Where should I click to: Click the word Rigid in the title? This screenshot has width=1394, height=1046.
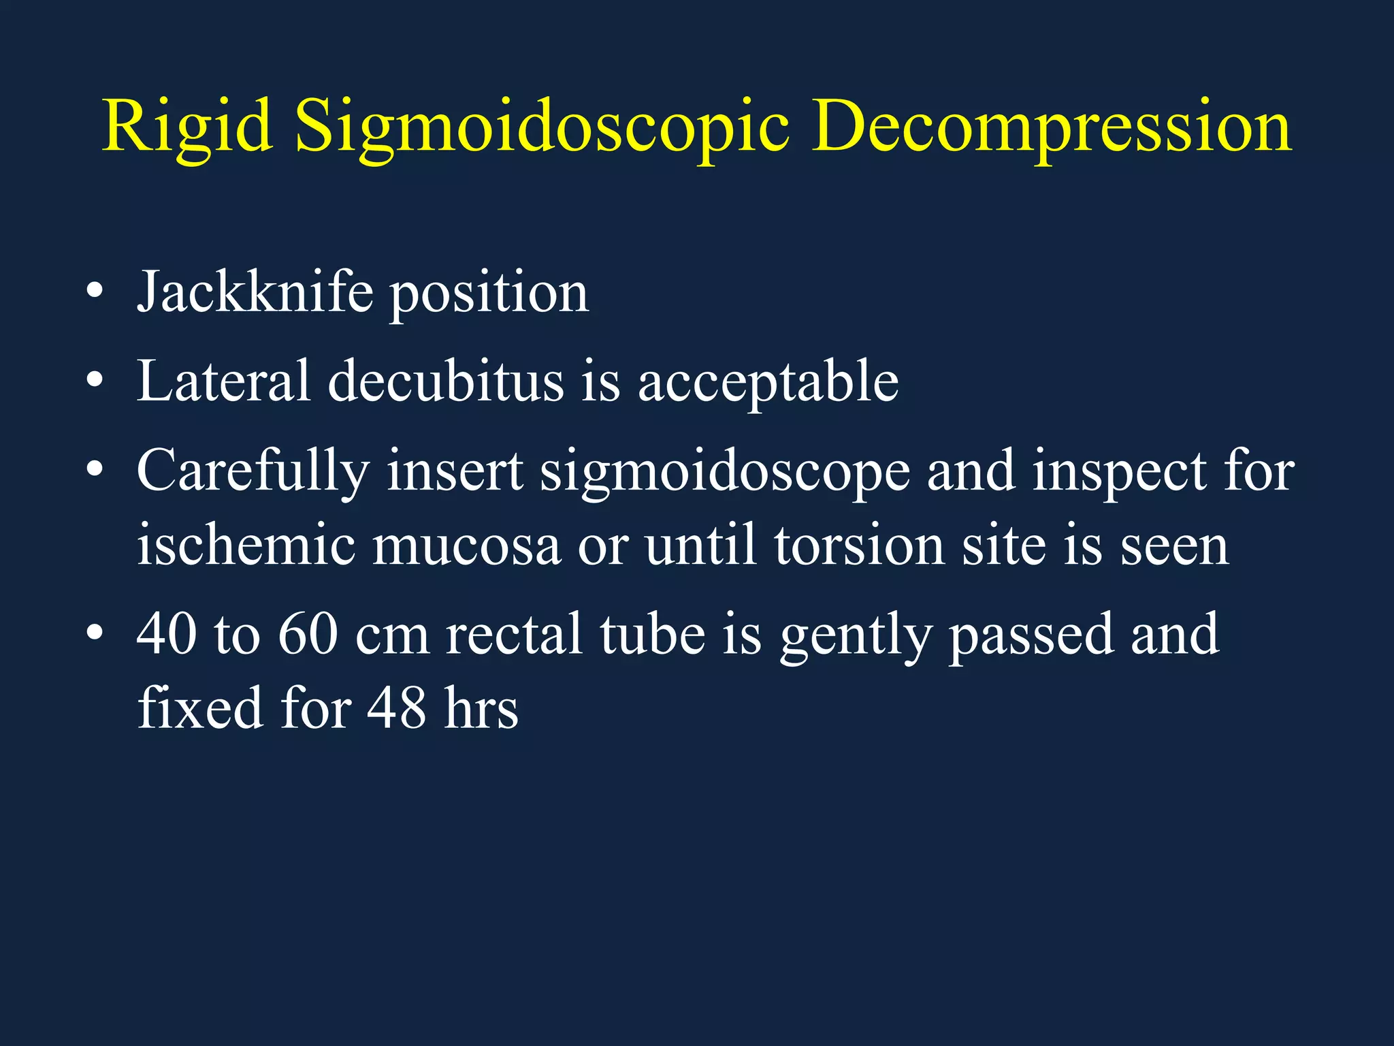187,128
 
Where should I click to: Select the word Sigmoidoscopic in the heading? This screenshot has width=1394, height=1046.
542,128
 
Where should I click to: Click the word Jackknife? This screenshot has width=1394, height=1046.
255,293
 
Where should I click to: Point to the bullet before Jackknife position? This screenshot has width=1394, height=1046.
95,293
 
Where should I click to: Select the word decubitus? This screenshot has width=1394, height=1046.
446,381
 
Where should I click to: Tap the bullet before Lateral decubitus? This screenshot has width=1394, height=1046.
95,381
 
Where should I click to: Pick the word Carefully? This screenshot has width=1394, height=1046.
253,472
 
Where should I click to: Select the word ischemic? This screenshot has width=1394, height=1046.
246,545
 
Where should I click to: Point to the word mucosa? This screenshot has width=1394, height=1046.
466,547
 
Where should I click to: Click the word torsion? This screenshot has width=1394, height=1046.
859,545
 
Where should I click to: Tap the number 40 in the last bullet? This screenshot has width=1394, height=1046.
167,635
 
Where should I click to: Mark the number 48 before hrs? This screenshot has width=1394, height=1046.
397,708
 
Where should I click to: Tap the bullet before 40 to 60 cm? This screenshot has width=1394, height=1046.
95,635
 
